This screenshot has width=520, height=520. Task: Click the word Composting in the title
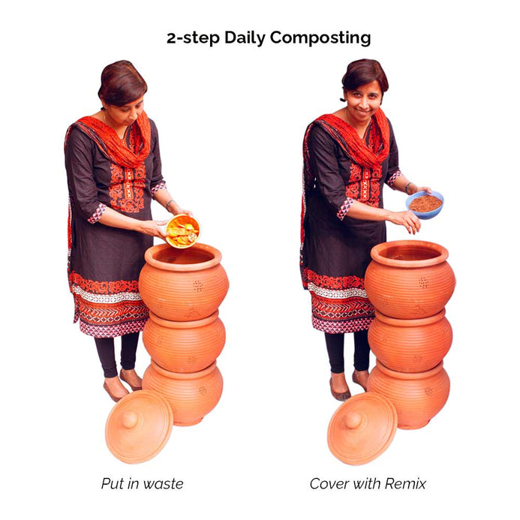(x=320, y=38)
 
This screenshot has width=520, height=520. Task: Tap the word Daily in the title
(x=245, y=38)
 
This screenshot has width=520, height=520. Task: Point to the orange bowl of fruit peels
(x=183, y=231)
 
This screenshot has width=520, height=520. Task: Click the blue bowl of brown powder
(x=425, y=205)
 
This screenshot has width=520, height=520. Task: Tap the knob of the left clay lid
(x=130, y=420)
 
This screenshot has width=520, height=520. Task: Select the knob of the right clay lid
(x=353, y=420)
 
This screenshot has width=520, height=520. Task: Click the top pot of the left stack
(x=184, y=282)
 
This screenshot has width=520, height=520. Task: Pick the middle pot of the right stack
(x=410, y=341)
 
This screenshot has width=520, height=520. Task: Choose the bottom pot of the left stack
(x=183, y=393)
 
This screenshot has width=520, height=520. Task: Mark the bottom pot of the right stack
(x=409, y=395)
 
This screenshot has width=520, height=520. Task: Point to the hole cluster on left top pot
(x=198, y=286)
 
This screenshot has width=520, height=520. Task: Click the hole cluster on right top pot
(x=423, y=283)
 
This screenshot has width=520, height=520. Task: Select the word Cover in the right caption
(x=329, y=484)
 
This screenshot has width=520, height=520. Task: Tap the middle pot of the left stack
(x=184, y=342)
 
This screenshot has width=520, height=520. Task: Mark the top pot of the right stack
(x=410, y=279)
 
